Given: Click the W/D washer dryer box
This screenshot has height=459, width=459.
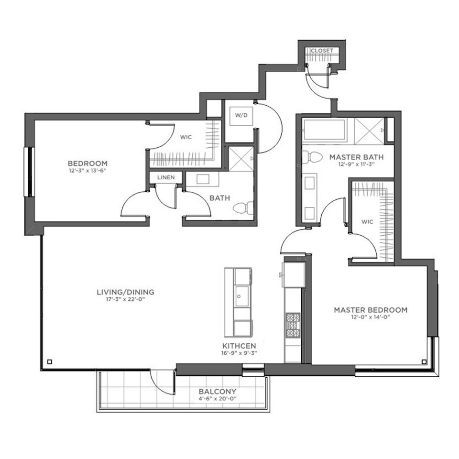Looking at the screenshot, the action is coord(241,116).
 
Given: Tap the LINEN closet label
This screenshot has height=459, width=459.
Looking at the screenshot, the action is coord(166,177).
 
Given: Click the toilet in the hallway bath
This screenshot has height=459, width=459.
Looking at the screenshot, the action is coord(243,208).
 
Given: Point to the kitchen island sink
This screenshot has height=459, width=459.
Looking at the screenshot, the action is coord(242,296).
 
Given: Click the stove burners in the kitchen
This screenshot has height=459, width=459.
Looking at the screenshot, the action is coord(293,325).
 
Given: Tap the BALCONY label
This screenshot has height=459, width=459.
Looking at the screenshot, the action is coord(217,392).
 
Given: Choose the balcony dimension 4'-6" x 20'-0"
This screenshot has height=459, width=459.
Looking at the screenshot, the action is coord(217,398).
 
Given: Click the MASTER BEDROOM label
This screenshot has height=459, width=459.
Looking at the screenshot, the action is coord(371,310).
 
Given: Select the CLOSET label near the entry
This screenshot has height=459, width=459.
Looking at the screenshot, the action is coord(322,51).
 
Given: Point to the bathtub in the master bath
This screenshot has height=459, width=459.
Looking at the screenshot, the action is coord(324,130).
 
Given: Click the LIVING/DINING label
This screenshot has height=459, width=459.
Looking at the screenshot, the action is coord(125,292).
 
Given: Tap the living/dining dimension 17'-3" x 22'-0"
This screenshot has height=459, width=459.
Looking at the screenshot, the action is coord(125,299).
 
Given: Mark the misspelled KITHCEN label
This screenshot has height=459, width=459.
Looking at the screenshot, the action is coord(239,346).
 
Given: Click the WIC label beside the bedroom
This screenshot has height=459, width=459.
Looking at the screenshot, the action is coord(186,137).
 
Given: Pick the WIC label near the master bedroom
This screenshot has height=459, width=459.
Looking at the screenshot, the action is coord(367,221).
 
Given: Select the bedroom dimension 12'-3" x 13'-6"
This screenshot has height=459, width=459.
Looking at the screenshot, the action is coord(87,171).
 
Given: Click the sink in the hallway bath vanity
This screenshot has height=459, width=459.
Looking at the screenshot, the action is coord(203,179).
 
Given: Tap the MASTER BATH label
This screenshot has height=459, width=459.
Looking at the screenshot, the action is coord(357,157).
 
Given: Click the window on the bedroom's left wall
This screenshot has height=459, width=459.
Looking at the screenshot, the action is coord(29,172).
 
